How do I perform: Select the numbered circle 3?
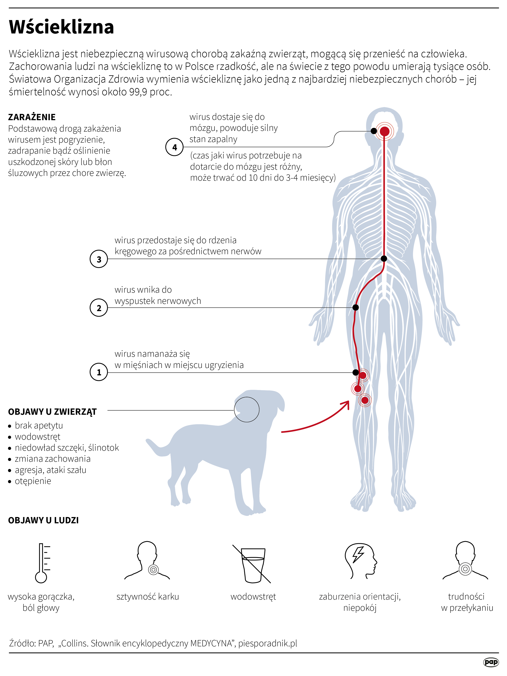[99, 259]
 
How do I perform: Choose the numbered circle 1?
[99, 372]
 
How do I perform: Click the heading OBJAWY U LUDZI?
[43, 520]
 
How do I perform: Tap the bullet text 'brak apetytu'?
[39, 425]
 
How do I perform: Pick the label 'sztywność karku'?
[147, 597]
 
